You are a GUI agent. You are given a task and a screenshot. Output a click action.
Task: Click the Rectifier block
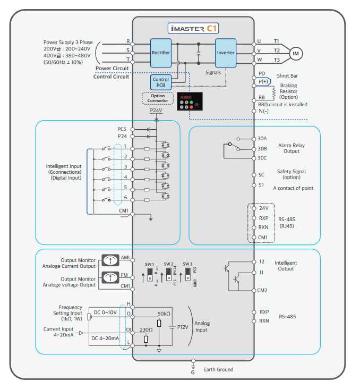[x=161, y=53]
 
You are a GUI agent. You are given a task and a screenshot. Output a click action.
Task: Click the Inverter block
[x=226, y=53]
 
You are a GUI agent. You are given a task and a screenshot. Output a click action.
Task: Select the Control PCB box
[x=161, y=82]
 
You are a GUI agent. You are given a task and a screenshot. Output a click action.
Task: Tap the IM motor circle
[x=295, y=53]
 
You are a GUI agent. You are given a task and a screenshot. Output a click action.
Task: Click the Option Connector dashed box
[x=158, y=98]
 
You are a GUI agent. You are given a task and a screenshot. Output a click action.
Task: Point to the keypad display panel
[x=190, y=100]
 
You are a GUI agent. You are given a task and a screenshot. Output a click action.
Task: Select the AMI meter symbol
[x=109, y=260]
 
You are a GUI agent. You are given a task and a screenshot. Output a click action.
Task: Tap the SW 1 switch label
[x=149, y=264]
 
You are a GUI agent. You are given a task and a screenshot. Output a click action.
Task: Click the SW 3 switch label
[x=187, y=264]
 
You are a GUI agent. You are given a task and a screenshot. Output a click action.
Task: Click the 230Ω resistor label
[x=147, y=329]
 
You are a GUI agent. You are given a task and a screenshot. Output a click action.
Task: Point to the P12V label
[x=183, y=327]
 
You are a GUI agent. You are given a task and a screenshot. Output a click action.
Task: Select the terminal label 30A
[x=262, y=139]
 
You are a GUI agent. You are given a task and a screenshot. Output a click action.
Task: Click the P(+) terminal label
[x=263, y=82]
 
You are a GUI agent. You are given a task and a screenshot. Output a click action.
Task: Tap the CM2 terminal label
[x=262, y=290]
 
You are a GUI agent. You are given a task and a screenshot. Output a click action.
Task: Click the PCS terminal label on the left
[x=122, y=129]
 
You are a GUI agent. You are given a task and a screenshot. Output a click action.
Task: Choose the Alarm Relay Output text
[x=292, y=148]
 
